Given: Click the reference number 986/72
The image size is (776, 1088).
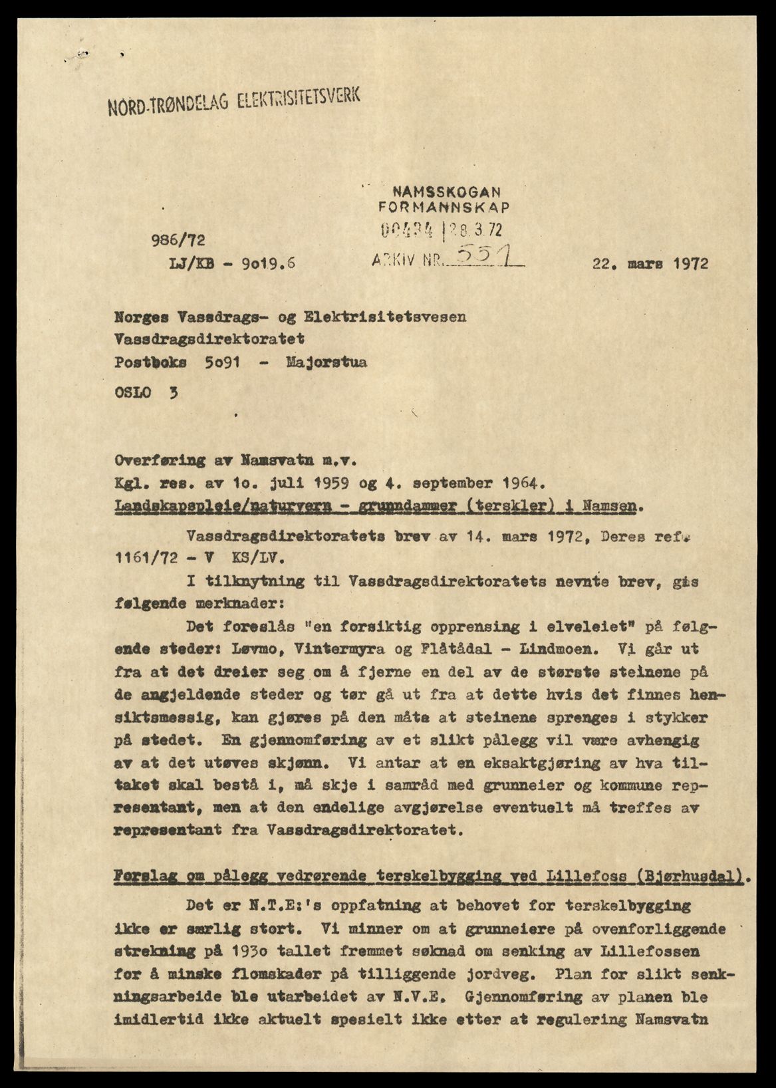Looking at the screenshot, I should [x=178, y=240].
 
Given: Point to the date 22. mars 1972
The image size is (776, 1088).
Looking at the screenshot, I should [x=650, y=263].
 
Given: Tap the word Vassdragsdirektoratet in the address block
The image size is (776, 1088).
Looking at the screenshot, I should [x=209, y=339].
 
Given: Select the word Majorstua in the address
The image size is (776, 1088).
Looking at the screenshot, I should [x=326, y=362].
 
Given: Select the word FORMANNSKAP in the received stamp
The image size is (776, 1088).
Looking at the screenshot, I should [x=444, y=207].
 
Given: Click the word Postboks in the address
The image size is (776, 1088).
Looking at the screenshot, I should [x=150, y=362].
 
